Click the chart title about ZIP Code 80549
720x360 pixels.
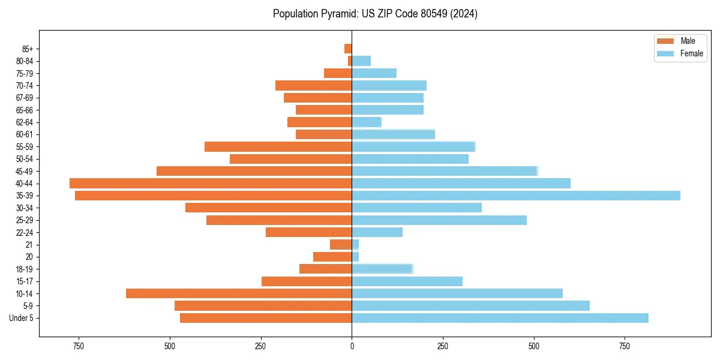(375, 14)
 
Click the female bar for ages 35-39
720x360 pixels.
(516, 196)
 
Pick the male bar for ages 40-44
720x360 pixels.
(211, 183)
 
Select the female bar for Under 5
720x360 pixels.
(500, 318)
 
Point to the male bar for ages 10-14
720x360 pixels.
(239, 293)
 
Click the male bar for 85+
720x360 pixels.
(348, 49)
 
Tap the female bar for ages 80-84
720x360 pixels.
(361, 61)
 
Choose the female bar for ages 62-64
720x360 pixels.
(367, 122)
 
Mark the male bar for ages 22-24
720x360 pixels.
(308, 232)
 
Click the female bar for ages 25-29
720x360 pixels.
(439, 220)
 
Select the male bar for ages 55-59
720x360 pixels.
(278, 146)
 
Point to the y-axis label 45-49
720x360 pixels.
(25, 171)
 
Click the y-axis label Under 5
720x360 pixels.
(22, 318)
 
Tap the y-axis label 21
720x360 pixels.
(29, 245)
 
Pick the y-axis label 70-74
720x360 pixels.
(25, 85)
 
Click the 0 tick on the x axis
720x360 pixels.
(352, 346)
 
